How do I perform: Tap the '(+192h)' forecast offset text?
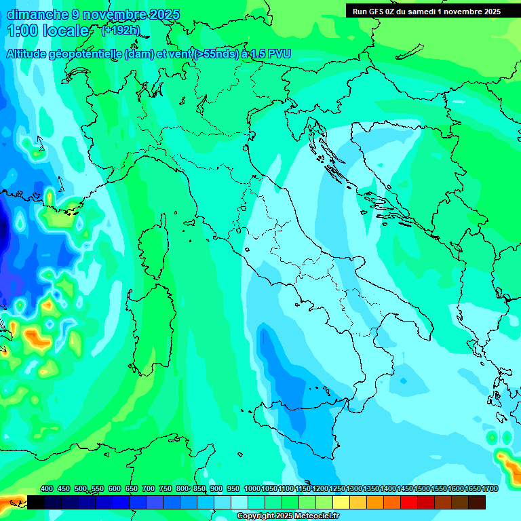pyautogui.click(x=119, y=31)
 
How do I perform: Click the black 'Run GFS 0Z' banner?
pyautogui.click(x=426, y=11)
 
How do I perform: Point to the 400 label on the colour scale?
pyautogui.click(x=47, y=488)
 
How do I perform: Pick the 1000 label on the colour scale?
pyautogui.click(x=252, y=488)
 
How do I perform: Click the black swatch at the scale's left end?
pyautogui.click(x=36, y=502)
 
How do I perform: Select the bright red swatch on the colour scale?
pyautogui.click(x=409, y=502)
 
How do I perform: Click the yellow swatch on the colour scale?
pyautogui.click(x=341, y=502)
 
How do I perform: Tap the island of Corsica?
pyautogui.click(x=154, y=244)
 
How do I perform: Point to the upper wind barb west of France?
pyautogui.click(x=39, y=144)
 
